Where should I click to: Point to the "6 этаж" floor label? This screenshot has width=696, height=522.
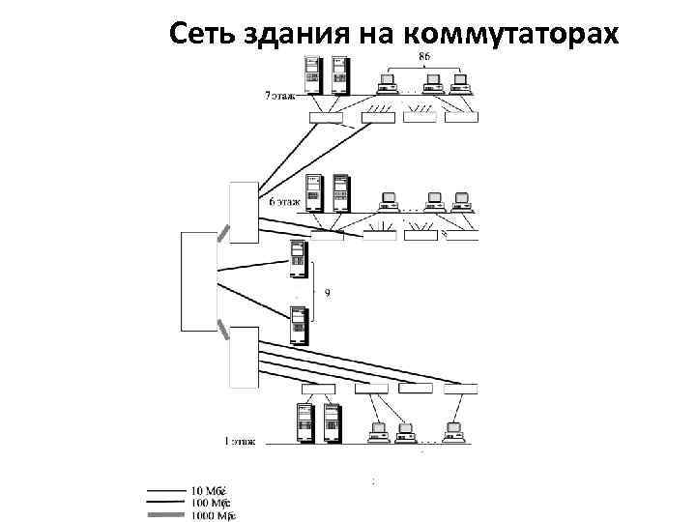(x=285, y=202)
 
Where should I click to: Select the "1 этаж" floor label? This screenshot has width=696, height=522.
(x=241, y=442)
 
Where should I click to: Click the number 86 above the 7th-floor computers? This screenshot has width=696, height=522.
(x=424, y=57)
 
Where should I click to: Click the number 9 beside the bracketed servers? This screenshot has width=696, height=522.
(x=326, y=292)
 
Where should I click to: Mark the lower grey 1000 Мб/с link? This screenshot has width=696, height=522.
(x=222, y=330)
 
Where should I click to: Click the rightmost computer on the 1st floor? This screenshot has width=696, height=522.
(x=454, y=431)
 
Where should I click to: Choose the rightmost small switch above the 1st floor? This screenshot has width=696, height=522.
(x=460, y=389)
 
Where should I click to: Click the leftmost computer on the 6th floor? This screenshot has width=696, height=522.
(x=390, y=202)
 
